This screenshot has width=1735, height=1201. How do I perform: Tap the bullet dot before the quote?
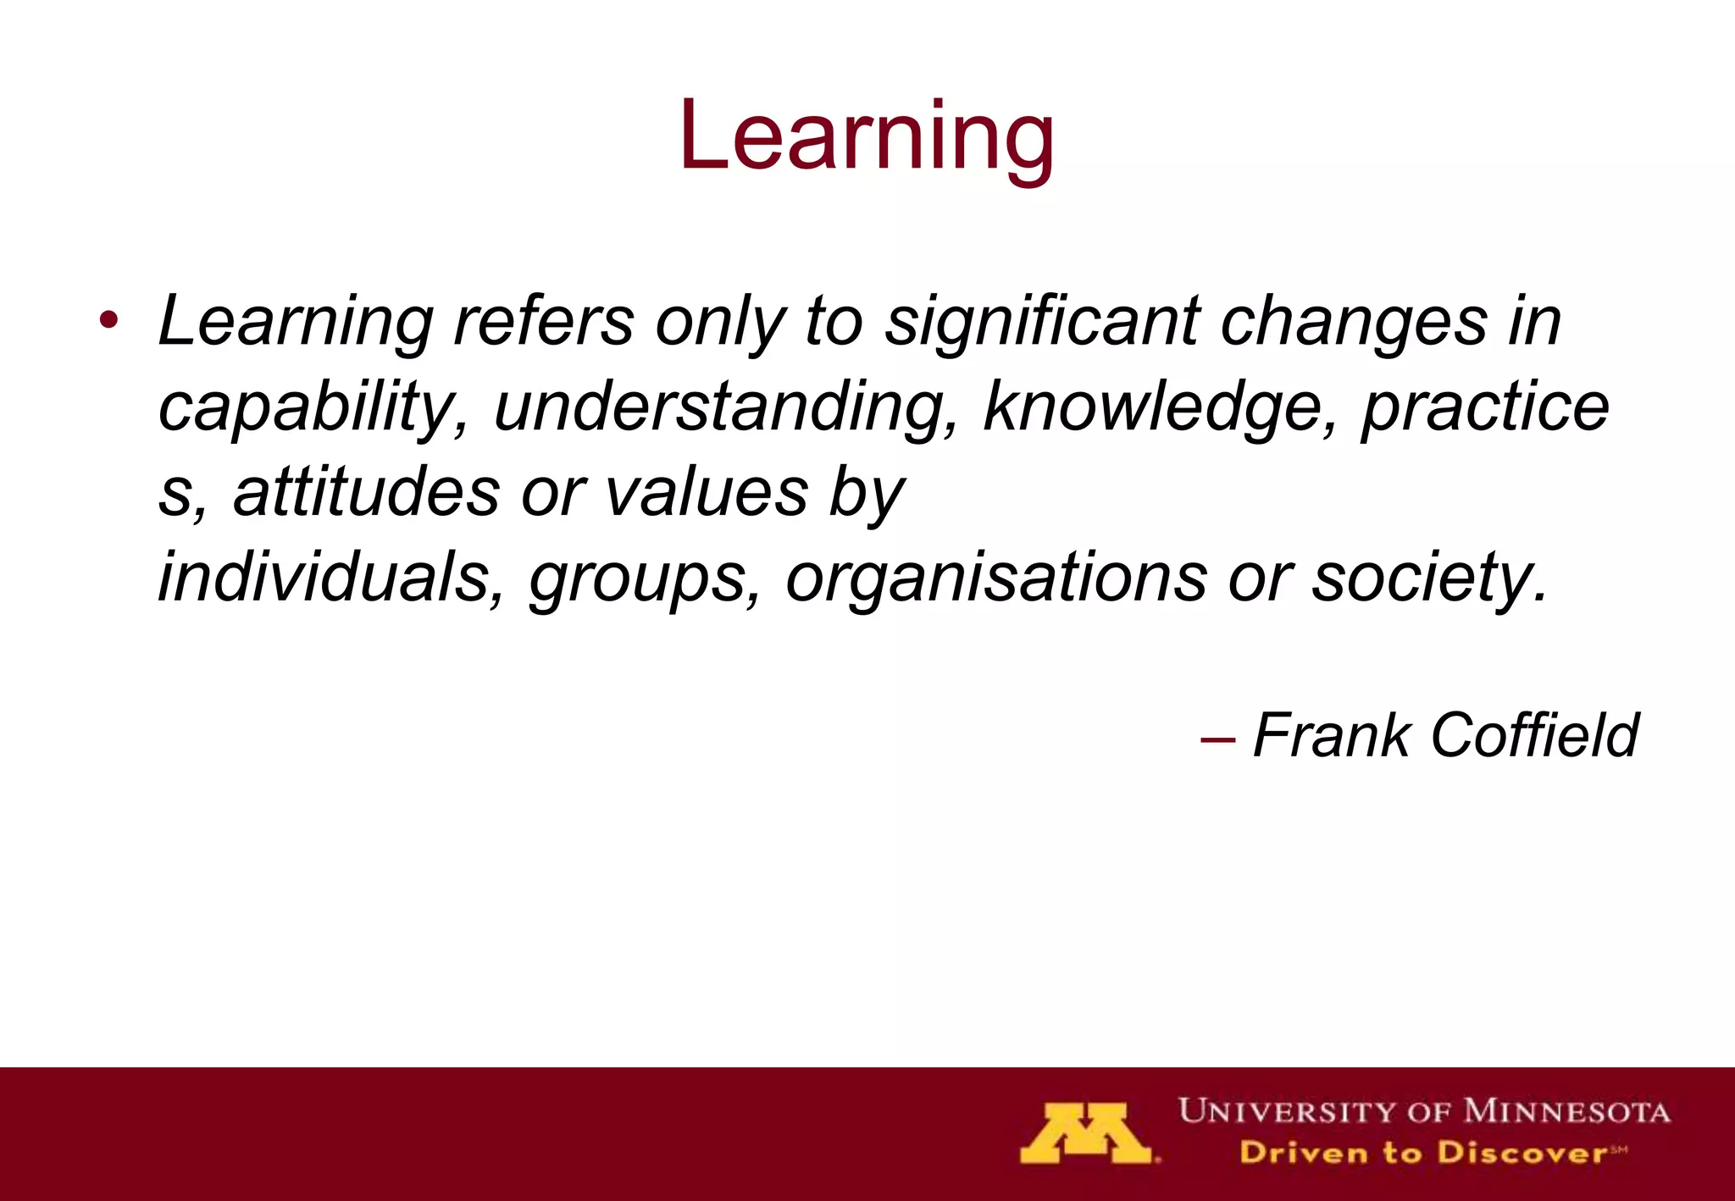(108, 322)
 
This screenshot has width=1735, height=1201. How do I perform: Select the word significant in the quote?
(1042, 322)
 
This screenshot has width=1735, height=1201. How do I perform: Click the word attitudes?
(366, 493)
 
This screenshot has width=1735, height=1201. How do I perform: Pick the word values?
(707, 493)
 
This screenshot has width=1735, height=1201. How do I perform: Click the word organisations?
(995, 578)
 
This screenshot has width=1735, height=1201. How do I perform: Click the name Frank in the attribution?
(1331, 735)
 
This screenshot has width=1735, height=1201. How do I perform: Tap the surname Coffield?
(1534, 735)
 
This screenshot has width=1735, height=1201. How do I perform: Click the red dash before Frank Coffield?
(1217, 739)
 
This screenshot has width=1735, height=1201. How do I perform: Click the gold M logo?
(1086, 1133)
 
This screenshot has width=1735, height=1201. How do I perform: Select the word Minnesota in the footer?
(1566, 1110)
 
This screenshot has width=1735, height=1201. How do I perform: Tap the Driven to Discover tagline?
(1432, 1153)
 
